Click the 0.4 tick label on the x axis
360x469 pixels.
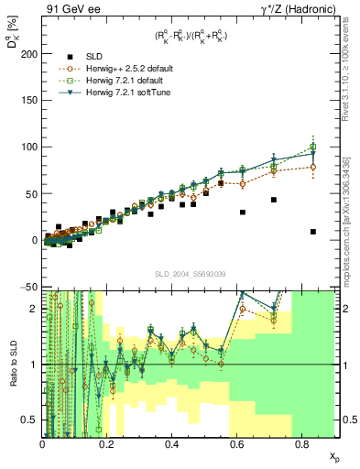coord(171,443)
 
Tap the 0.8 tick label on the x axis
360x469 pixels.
coord(301,443)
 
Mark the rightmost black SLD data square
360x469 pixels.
coord(313,232)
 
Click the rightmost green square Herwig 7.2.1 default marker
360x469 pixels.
coord(313,147)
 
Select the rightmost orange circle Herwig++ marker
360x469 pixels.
coord(313,167)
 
